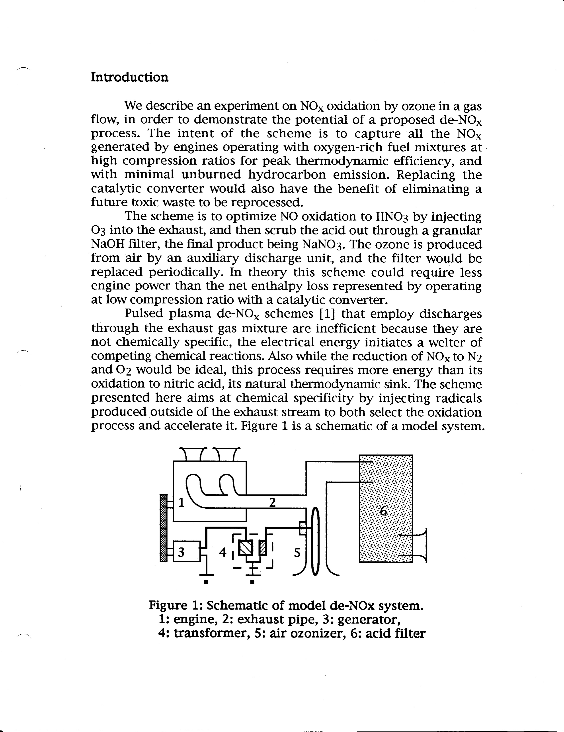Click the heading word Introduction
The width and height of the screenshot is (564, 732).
point(130,77)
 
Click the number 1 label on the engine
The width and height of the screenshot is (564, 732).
point(181,502)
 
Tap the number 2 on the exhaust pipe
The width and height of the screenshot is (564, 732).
point(272,502)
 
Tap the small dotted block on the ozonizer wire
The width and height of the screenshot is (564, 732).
point(302,529)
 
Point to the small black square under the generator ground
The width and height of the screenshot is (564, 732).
point(206,582)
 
